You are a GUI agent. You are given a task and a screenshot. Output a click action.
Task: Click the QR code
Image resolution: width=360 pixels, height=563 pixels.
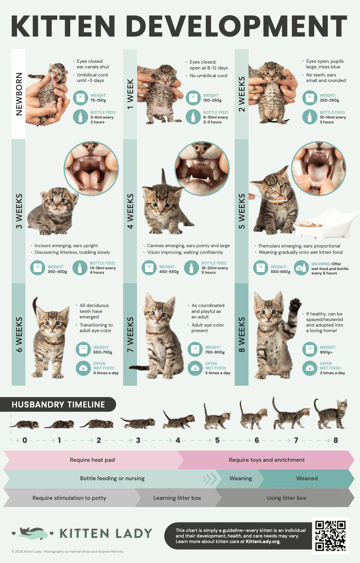(x=330, y=536)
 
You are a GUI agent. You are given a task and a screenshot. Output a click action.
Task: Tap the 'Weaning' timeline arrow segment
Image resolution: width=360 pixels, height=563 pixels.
(x=241, y=478)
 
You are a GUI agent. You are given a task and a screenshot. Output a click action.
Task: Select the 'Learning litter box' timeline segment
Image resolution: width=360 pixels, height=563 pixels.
(x=177, y=498)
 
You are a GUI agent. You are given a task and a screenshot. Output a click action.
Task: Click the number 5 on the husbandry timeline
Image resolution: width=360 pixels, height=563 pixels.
(x=217, y=440)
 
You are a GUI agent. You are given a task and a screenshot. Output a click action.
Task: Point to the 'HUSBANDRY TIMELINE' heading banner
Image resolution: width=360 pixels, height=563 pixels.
(x=58, y=405)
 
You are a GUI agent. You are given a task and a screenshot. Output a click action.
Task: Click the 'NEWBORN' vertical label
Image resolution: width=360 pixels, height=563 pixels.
(x=19, y=94)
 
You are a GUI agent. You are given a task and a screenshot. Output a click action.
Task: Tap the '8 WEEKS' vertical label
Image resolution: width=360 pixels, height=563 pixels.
(x=242, y=334)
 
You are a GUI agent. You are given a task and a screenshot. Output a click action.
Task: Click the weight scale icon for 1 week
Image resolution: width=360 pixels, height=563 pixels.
(x=193, y=98)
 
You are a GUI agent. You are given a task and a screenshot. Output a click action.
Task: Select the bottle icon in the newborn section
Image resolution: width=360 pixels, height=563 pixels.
(x=80, y=117)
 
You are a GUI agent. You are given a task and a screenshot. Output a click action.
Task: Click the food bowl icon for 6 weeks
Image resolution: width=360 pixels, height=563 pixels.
(x=83, y=368)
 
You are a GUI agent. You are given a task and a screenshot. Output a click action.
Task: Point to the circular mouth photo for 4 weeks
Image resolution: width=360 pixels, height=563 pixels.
(x=202, y=168)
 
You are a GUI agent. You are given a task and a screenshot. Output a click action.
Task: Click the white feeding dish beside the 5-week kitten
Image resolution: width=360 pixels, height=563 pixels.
(x=325, y=224)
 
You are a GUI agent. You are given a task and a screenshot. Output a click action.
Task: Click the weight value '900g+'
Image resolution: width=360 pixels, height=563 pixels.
(x=326, y=352)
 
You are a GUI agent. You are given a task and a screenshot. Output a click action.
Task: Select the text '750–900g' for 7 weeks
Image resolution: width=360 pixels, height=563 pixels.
(x=215, y=352)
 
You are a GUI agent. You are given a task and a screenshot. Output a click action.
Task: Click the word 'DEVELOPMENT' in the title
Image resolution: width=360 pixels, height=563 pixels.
(x=237, y=27)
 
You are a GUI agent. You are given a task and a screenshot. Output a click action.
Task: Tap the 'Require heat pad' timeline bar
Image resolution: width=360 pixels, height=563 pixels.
(x=92, y=460)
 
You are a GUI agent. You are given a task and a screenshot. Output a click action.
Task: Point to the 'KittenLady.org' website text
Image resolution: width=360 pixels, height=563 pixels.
(x=263, y=542)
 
